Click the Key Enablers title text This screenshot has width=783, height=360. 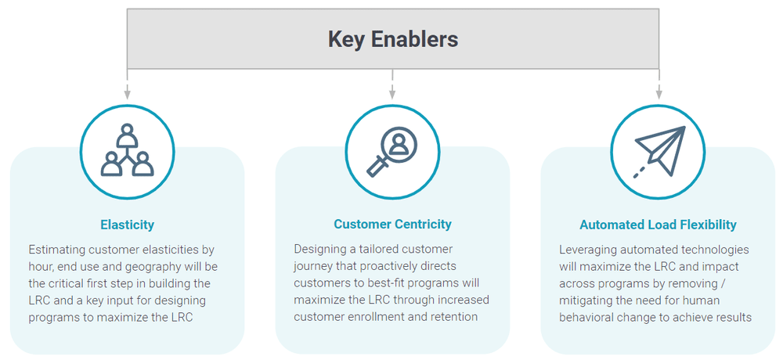click(x=392, y=39)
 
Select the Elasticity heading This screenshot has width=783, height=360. click(x=127, y=225)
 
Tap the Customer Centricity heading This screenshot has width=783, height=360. click(x=392, y=224)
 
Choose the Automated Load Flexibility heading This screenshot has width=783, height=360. click(x=658, y=225)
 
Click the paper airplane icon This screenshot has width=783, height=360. click(x=659, y=151)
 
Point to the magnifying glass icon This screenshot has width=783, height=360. click(x=392, y=151)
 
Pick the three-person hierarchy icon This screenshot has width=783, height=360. click(x=127, y=151)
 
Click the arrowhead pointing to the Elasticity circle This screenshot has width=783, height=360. click(x=127, y=95)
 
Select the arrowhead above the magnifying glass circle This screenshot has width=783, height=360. click(x=392, y=95)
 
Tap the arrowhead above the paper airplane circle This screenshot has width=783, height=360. click(x=659, y=95)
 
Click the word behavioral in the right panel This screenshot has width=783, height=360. click(x=590, y=317)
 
